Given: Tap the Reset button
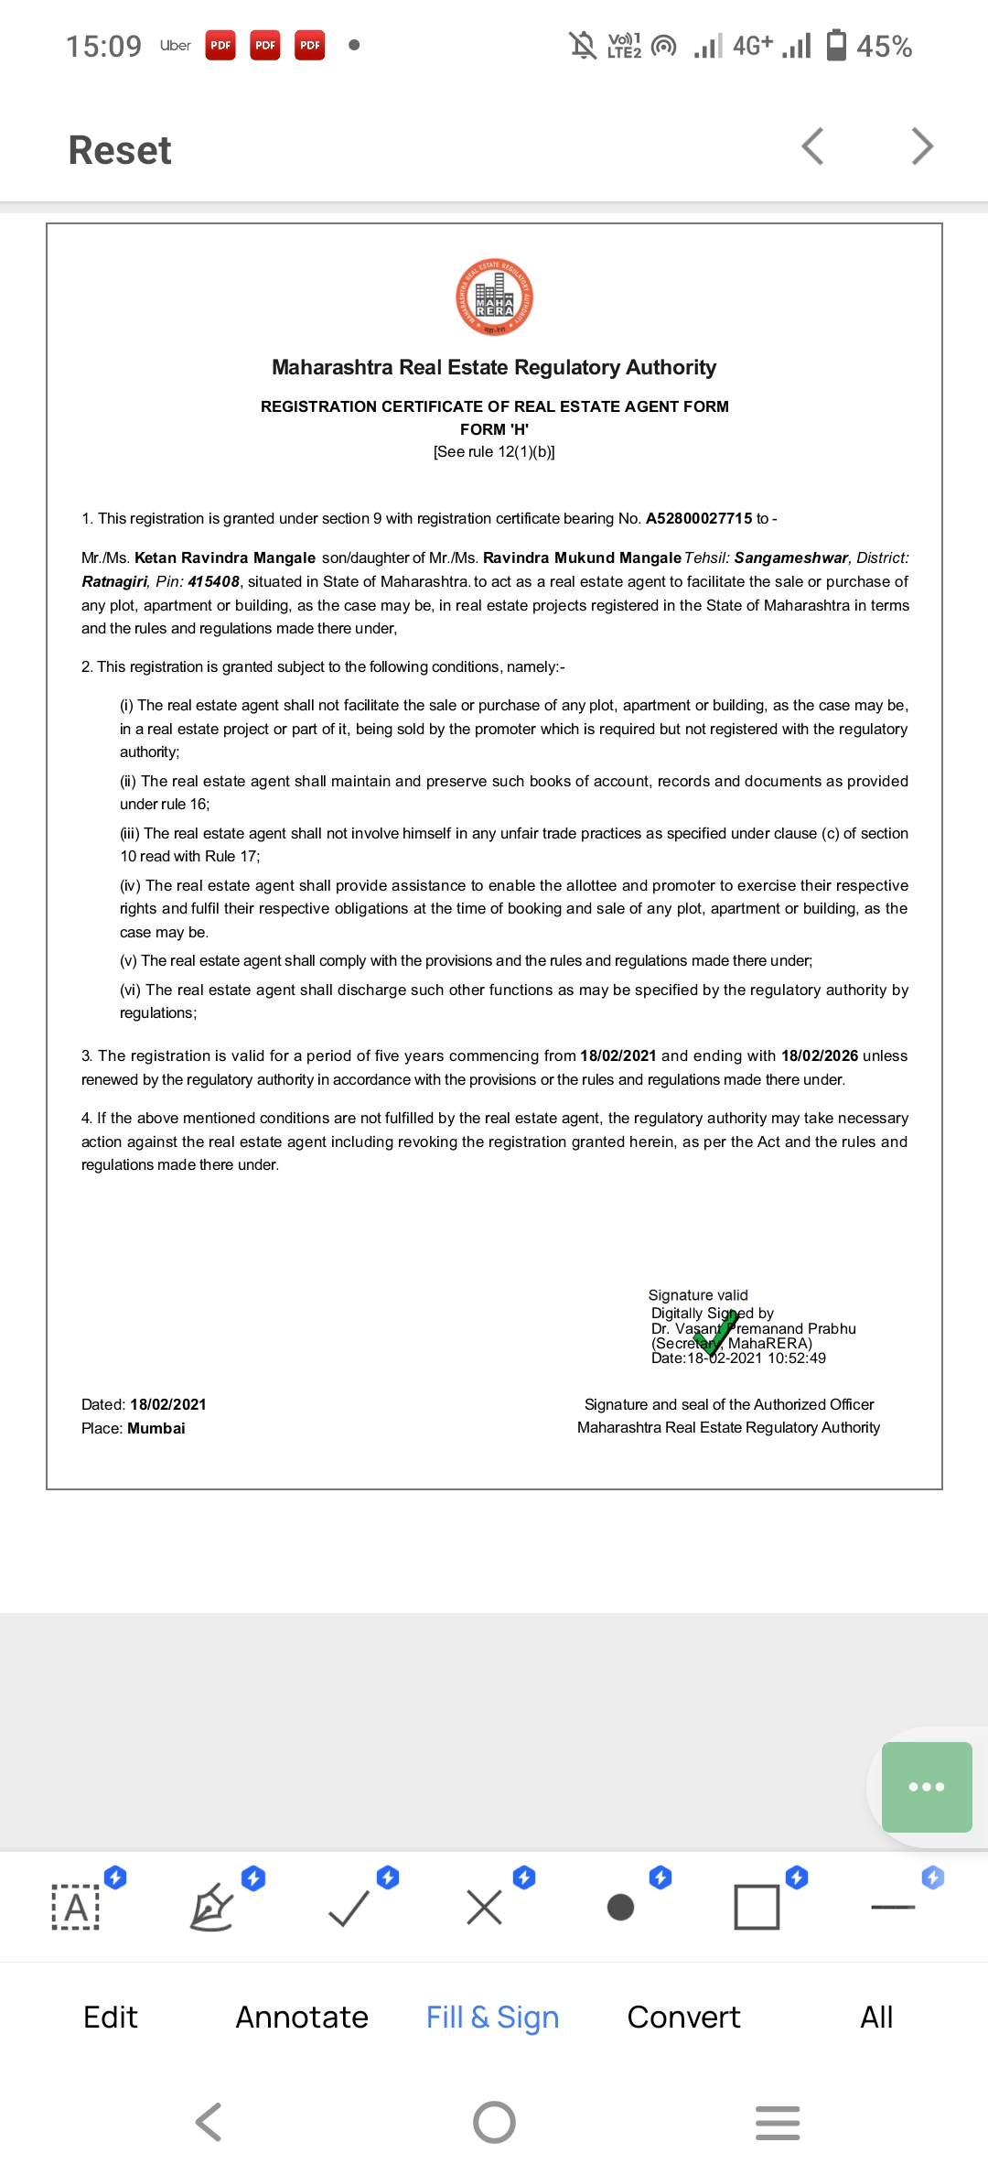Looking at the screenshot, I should point(120,150).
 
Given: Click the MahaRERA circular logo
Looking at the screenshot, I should point(495,298).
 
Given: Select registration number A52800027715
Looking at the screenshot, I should point(699,518).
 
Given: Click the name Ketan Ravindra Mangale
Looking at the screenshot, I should point(225,557).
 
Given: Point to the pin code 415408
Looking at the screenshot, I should point(214,581).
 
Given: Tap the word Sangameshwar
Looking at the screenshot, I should point(791,557).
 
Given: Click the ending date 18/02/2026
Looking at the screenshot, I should point(820,1055).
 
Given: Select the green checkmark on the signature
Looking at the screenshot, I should point(717,1332).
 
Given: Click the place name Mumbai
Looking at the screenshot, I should point(156,1428).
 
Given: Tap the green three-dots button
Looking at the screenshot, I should point(927,1786).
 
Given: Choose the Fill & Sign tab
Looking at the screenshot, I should point(492,2017).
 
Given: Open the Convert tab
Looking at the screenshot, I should point(683,2017).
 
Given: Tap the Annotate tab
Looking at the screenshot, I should point(302,2017).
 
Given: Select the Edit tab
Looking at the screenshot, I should point(111,2017).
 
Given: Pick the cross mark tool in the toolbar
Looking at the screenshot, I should point(484,1908).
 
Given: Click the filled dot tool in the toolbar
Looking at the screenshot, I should point(620,1908).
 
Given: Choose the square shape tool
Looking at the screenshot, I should point(757,1908).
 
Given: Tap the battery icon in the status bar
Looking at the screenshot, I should point(836,45).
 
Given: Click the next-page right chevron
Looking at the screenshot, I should point(922,146).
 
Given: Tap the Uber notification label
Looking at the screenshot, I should point(175,46).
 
